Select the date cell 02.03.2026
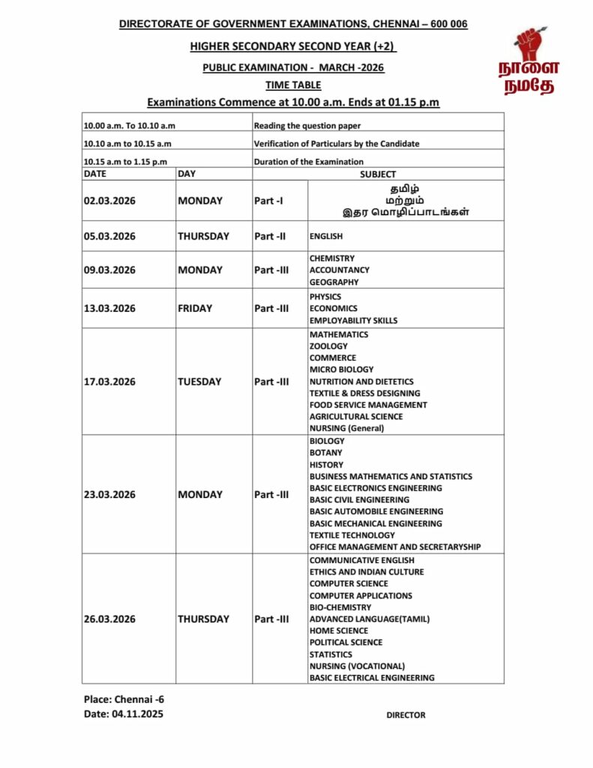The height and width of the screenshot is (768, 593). click(109, 201)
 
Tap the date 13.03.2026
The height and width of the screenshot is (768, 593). click(109, 308)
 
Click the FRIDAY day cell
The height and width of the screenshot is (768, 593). click(195, 308)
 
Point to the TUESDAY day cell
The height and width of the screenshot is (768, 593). click(199, 382)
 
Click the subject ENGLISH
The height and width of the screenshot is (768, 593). click(326, 236)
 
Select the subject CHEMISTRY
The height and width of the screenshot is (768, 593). click(332, 259)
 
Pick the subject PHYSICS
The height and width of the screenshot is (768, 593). click(325, 297)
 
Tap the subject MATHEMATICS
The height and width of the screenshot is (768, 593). click(339, 334)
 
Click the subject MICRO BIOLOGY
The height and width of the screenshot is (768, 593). click(341, 370)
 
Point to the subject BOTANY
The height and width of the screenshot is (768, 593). click(325, 453)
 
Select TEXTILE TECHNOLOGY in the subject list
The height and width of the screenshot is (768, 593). click(352, 535)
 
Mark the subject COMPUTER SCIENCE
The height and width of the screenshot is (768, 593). click(349, 583)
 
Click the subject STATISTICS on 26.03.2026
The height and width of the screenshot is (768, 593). click(331, 655)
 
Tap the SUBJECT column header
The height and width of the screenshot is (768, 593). click(378, 174)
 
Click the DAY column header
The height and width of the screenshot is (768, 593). click(187, 174)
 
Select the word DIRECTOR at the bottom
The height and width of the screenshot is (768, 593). click(406, 715)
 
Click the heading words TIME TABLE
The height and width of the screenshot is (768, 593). click(293, 85)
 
